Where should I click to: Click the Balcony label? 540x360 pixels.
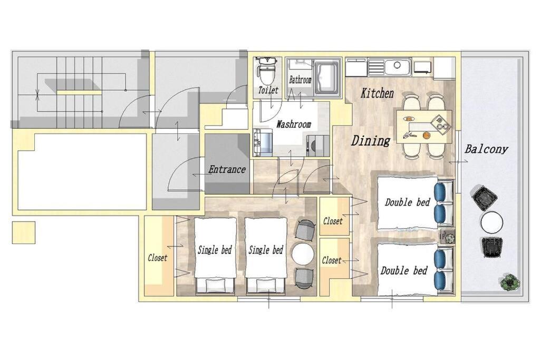click(x=486, y=149)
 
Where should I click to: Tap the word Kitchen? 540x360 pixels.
click(x=377, y=93)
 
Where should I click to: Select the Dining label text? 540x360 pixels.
click(x=371, y=140)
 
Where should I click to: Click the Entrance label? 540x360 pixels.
click(x=227, y=169)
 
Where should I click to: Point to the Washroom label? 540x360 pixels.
click(x=294, y=124)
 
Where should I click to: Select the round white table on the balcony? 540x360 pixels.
click(x=492, y=222)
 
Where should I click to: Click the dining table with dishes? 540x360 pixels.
click(x=424, y=127)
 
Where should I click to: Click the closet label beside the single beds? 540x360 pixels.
click(x=157, y=258)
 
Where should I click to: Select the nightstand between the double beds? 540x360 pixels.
click(x=448, y=236)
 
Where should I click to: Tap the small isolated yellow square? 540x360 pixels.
click(x=23, y=232)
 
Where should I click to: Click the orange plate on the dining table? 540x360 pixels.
click(x=426, y=135)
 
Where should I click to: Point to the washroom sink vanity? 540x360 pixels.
click(x=263, y=141)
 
